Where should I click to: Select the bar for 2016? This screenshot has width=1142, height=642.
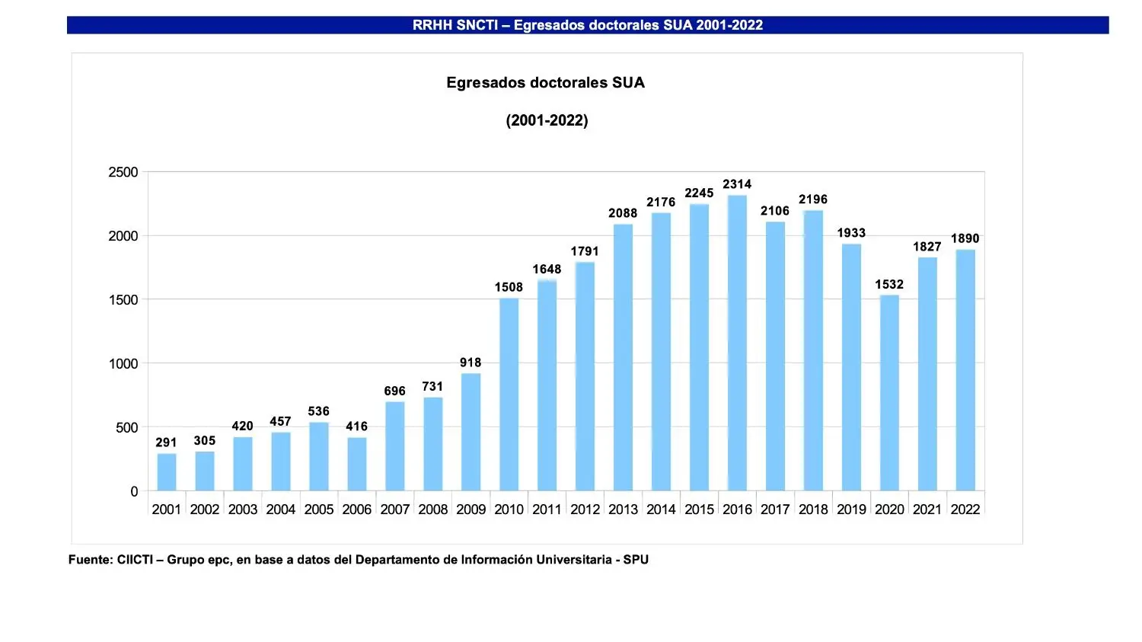pyautogui.click(x=737, y=343)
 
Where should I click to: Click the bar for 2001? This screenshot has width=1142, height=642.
pyautogui.click(x=166, y=472)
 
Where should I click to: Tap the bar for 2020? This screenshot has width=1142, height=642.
pyautogui.click(x=889, y=393)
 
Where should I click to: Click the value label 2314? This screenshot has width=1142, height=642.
pyautogui.click(x=737, y=184)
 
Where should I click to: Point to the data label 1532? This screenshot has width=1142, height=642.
pyautogui.click(x=889, y=285)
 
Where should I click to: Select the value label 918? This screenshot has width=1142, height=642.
pyautogui.click(x=471, y=363)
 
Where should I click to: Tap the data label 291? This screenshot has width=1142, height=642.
pyautogui.click(x=166, y=442)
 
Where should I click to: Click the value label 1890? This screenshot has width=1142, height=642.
pyautogui.click(x=965, y=238)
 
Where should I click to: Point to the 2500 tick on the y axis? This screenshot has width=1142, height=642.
pyautogui.click(x=123, y=172)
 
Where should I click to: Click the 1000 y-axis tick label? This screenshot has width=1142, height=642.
pyautogui.click(x=123, y=364)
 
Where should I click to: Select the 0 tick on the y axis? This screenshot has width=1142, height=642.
pyautogui.click(x=134, y=492)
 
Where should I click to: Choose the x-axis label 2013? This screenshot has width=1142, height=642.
pyautogui.click(x=623, y=509)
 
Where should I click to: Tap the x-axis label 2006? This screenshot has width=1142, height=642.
pyautogui.click(x=356, y=509)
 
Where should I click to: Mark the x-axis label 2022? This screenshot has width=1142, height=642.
pyautogui.click(x=965, y=509)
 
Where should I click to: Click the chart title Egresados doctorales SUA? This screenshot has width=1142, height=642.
pyautogui.click(x=545, y=83)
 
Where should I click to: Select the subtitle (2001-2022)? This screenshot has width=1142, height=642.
pyautogui.click(x=547, y=120)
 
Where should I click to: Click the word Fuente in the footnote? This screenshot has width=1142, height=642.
pyautogui.click(x=90, y=560)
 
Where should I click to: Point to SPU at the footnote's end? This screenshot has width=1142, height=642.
pyautogui.click(x=636, y=560)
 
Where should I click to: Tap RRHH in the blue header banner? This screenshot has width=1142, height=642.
pyautogui.click(x=432, y=25)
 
